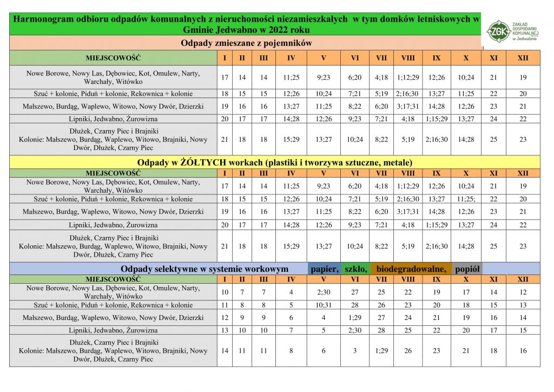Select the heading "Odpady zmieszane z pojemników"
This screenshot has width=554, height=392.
[x=246, y=43]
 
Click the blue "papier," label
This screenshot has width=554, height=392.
[x=325, y=269]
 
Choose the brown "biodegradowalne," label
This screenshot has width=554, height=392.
[x=411, y=269]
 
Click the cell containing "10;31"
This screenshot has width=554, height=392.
[x=324, y=305]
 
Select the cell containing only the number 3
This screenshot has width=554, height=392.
[x=355, y=350]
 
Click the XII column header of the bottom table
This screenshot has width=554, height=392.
[x=523, y=279]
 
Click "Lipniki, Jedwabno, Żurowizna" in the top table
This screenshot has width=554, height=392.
[x=113, y=119]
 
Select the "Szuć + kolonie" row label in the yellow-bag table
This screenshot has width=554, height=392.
[x=113, y=199]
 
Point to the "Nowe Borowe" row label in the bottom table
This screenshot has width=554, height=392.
[x=113, y=292]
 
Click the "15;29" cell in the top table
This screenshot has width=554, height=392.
[x=291, y=139]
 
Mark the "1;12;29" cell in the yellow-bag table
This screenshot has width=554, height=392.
[x=408, y=186]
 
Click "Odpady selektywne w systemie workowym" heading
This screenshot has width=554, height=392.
[x=205, y=269]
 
